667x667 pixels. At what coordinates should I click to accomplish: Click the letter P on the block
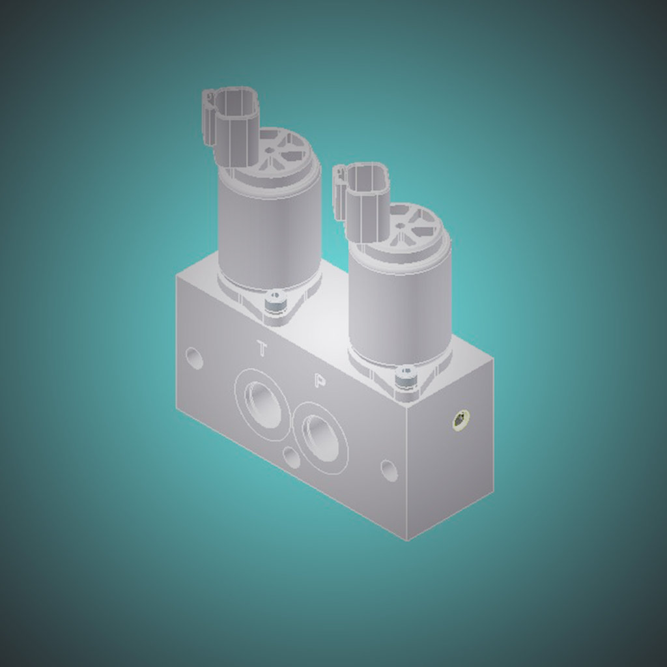[x=319, y=381]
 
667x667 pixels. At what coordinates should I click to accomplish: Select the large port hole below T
[x=263, y=404]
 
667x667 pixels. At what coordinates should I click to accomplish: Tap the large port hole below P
[x=320, y=438]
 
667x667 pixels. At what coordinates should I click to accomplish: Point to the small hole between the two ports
[x=292, y=458]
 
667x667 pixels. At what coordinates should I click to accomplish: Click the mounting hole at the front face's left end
[x=194, y=358]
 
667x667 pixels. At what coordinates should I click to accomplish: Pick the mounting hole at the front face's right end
[x=389, y=470]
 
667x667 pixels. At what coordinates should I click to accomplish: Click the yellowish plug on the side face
[x=461, y=420]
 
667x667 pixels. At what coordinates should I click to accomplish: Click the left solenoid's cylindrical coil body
[x=269, y=234]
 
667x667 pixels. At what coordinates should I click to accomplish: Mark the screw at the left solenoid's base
[x=276, y=302]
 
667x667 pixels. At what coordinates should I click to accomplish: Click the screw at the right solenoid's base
[x=406, y=376]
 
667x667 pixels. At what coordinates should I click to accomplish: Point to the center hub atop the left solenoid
[x=269, y=150]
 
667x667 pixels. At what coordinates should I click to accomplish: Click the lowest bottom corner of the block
[x=408, y=540]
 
